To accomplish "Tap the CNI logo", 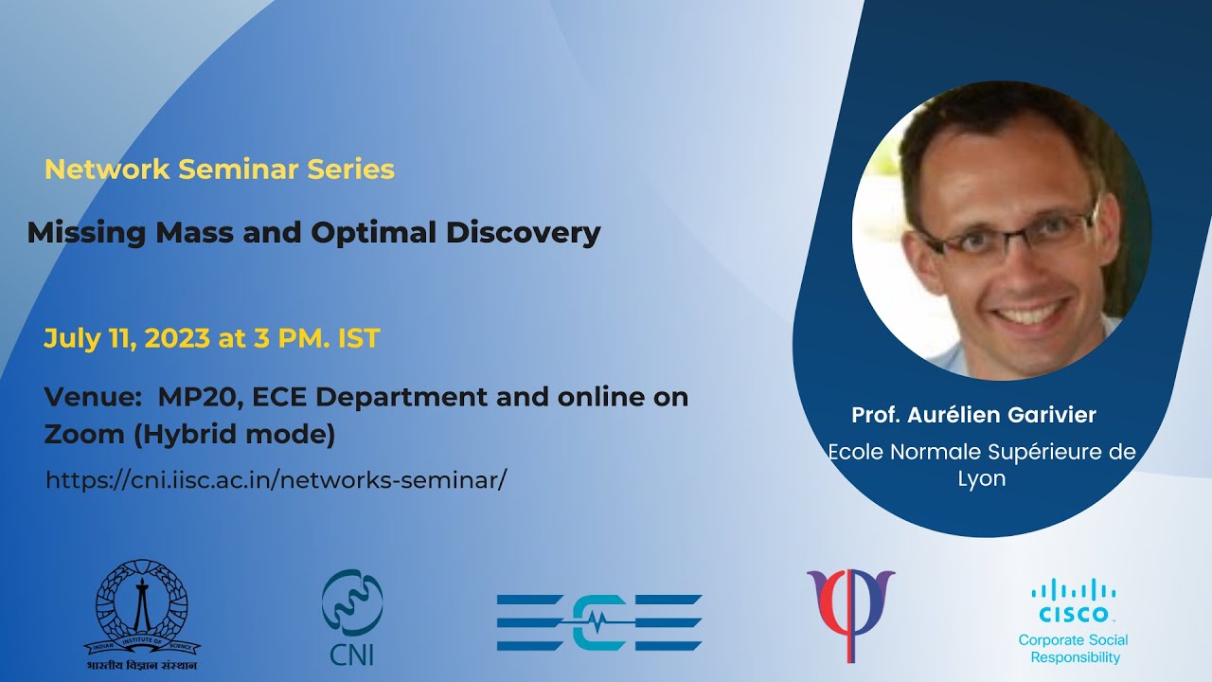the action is click(352, 617).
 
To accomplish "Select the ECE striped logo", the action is click(599, 622).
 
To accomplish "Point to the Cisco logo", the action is click(1074, 601).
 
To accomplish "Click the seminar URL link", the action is click(276, 480).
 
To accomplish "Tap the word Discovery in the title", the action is click(524, 233).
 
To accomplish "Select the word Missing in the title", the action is click(86, 233).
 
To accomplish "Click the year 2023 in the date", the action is click(177, 338).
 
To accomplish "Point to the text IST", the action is click(359, 338).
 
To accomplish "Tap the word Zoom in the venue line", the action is click(84, 434).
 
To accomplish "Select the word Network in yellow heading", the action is click(107, 170).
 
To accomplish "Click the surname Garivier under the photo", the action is click(1051, 415).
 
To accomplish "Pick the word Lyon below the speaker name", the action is click(982, 479).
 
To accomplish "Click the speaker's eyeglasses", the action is click(1007, 234).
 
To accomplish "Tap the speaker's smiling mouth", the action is click(1029, 313).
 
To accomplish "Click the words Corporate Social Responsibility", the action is click(1074, 649).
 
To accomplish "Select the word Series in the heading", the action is click(351, 170).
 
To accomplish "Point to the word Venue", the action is click(93, 397).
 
